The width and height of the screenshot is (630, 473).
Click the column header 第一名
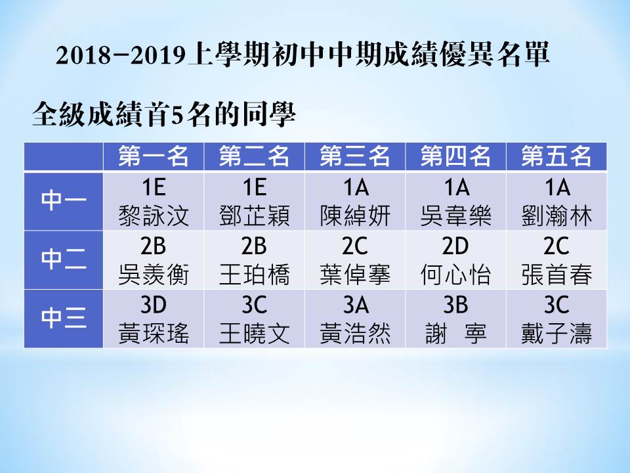[x=154, y=156]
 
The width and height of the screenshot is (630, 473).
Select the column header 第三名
[x=355, y=156]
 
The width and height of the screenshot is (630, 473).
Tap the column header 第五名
[x=556, y=156]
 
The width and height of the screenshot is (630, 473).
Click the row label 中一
[x=64, y=200]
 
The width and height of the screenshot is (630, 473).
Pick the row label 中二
[x=64, y=259]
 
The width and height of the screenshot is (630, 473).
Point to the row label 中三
[x=64, y=318]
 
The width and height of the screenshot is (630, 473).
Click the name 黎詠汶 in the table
[x=154, y=215]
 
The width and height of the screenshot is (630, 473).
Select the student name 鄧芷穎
[x=255, y=215]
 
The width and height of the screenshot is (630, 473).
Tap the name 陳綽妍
[x=355, y=215]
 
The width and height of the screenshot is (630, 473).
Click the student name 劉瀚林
[x=556, y=215]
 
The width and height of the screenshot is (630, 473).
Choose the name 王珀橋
[x=255, y=275]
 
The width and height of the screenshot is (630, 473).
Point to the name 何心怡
[x=455, y=275]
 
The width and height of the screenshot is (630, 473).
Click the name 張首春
[x=556, y=275]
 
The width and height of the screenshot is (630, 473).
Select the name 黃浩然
[x=355, y=334]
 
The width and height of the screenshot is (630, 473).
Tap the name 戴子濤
[x=556, y=334]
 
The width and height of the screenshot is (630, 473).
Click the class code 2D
[x=455, y=246]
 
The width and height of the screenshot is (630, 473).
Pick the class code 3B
[x=455, y=305]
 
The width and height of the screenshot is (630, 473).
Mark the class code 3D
[x=154, y=305]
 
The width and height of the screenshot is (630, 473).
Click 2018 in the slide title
[x=83, y=55]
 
